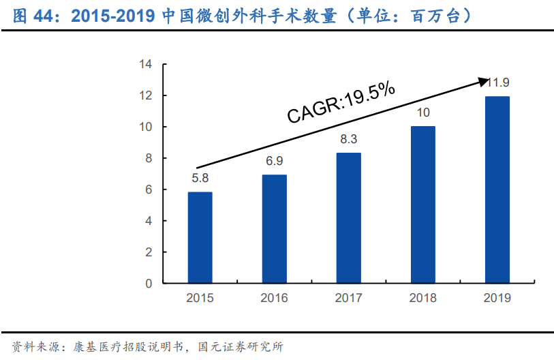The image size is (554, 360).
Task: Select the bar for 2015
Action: pos(200,237)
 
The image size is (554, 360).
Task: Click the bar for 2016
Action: pos(274,228)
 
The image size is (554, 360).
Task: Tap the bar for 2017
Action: pos(348,217)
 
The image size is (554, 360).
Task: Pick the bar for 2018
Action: pos(422,205)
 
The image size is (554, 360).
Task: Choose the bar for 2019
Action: pos(497,190)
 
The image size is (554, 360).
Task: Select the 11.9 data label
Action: pos(498,82)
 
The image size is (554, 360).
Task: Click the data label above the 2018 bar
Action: pos(422,113)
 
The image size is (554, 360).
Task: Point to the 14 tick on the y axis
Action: pos(144,65)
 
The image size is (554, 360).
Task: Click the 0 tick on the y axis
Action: pos(148,284)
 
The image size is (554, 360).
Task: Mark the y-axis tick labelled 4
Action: pos(148,221)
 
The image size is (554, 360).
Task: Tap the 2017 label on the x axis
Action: pos(348,298)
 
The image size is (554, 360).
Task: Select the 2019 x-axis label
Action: pos(497,298)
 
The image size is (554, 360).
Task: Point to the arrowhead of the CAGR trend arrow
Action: pos(487,80)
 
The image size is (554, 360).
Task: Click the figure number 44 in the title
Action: pos(48,14)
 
